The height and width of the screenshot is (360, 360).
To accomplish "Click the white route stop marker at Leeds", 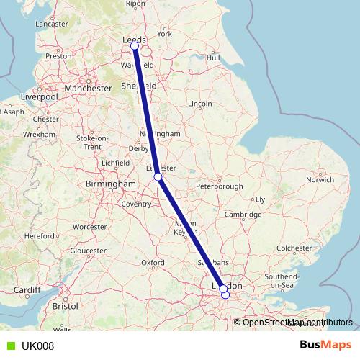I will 135,47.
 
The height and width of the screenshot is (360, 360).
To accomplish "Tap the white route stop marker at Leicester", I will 158,176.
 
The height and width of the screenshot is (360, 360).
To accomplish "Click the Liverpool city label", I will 40,96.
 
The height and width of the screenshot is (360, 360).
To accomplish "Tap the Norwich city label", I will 320,179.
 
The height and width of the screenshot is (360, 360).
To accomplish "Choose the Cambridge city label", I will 242,215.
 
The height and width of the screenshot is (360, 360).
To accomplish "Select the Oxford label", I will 153,264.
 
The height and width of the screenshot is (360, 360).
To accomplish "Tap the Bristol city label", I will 65,306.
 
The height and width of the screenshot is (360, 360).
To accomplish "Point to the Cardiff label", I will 27,291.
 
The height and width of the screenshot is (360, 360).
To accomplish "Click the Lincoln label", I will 199,104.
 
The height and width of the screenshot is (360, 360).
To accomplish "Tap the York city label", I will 165,34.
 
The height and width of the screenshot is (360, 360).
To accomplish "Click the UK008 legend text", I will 38,346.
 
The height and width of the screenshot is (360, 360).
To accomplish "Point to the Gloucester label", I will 89,250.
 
